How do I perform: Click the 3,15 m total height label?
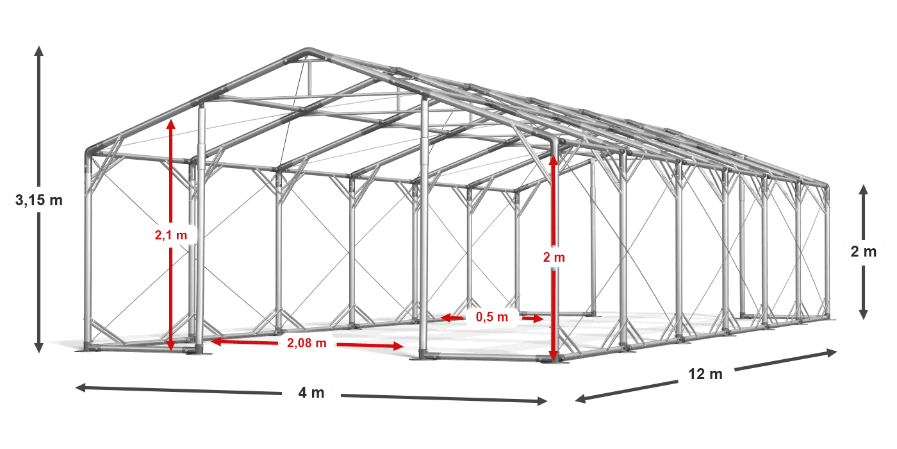point(39,201)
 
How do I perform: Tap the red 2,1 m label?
point(170,235)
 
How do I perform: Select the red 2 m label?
point(554,257)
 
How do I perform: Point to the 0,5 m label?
point(492,317)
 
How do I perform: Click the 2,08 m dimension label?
point(307,344)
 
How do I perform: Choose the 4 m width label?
point(311,393)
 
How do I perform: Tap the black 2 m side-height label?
point(863,252)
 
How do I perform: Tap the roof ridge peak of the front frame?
point(308,51)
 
